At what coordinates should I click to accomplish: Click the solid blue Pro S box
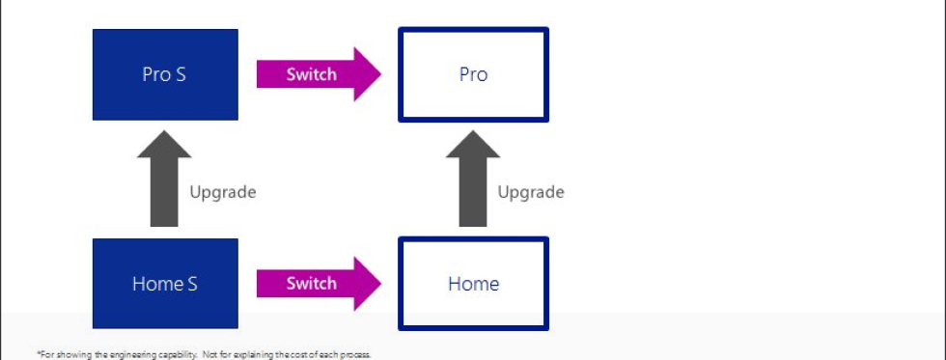(x=165, y=74)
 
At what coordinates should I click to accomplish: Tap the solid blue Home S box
(x=165, y=284)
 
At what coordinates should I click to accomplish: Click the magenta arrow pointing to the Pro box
(x=320, y=74)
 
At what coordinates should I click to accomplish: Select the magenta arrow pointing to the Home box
(x=320, y=284)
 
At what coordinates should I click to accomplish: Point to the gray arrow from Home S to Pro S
(x=164, y=179)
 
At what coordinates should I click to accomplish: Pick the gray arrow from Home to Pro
(x=473, y=179)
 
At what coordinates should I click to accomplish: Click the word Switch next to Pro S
(x=311, y=74)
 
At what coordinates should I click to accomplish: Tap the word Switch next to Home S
(x=311, y=284)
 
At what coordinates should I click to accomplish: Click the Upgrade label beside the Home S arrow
(x=223, y=193)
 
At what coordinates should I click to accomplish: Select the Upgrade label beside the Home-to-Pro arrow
(x=531, y=193)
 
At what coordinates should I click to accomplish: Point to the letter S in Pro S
(x=181, y=74)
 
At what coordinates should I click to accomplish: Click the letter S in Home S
(x=192, y=284)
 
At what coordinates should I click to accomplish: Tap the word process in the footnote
(x=355, y=355)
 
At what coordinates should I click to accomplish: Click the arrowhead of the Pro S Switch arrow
(x=368, y=74)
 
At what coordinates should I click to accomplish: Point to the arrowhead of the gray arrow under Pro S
(x=164, y=144)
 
